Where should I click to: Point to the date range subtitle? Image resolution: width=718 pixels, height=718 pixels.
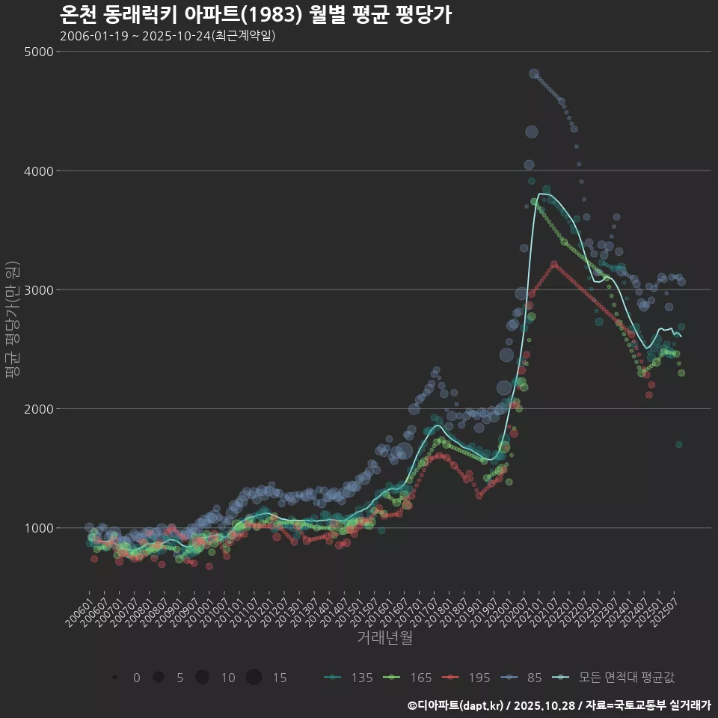(168, 36)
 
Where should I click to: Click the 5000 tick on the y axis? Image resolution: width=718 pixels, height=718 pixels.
(39, 52)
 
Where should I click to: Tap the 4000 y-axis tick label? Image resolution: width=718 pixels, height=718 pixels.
(39, 171)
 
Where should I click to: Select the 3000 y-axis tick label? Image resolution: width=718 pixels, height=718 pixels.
(39, 289)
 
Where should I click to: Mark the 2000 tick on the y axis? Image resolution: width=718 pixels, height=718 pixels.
(39, 408)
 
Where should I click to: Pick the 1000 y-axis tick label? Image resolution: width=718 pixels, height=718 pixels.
(39, 528)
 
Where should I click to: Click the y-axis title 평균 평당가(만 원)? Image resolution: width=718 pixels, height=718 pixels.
(13, 322)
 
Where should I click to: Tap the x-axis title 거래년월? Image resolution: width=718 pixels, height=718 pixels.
(384, 637)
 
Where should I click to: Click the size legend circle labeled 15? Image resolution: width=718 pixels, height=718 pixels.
(254, 678)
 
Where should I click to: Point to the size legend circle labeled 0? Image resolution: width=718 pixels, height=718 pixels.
(114, 678)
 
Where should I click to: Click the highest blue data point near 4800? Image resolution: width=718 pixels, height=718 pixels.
(534, 73)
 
